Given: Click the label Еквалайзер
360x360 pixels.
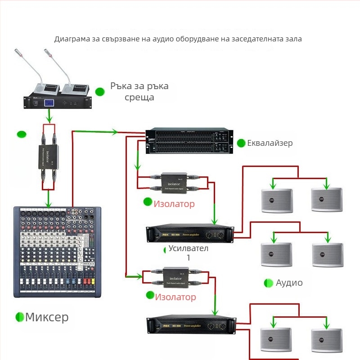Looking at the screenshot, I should [270, 143].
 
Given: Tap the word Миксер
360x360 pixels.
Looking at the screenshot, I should [47, 317].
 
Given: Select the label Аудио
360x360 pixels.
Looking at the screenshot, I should [289, 283].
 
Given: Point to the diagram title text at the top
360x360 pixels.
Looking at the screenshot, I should [178, 39].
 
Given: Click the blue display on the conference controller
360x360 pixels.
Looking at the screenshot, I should [49, 103].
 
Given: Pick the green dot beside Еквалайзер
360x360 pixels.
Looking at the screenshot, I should [241, 143].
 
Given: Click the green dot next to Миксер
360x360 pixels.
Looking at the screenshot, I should [20, 317].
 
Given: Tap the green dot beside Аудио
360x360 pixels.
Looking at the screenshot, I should [269, 283].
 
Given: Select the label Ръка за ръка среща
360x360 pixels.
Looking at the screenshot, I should [139, 91].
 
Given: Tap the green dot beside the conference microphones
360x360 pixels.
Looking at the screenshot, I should [100, 92].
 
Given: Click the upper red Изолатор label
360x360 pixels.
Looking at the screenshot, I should [174, 204].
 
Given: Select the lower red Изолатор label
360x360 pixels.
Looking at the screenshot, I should [175, 297].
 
